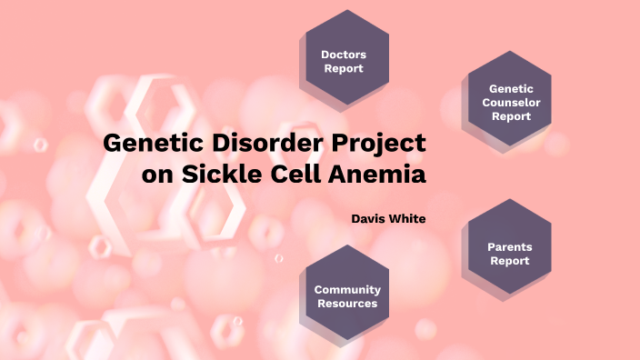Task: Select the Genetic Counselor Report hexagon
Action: point(509,102)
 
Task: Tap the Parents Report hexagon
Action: point(509,254)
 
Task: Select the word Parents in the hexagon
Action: point(510,247)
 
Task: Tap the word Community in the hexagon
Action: point(347,290)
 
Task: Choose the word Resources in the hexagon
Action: point(347,304)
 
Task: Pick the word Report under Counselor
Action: point(511,116)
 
